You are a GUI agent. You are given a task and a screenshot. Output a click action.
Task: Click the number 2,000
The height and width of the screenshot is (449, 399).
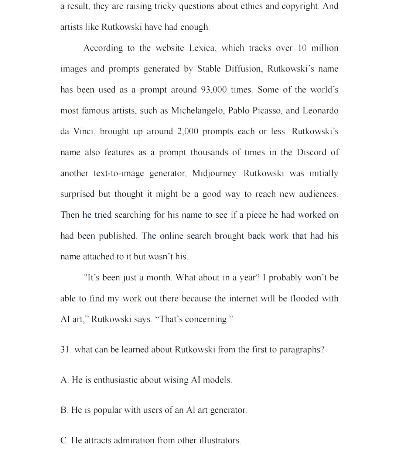[187, 131]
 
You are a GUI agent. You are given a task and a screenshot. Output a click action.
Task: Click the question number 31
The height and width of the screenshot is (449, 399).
[65, 350]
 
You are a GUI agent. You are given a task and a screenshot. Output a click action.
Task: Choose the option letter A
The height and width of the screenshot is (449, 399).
[64, 380]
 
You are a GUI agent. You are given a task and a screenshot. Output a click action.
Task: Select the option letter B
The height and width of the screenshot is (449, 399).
[64, 410]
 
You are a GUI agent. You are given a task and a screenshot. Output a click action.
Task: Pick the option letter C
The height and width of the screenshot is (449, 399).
[64, 441]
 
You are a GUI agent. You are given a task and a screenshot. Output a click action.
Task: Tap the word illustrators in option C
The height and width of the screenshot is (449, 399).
[220, 441]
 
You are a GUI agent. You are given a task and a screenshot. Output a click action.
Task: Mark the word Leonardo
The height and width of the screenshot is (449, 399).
[320, 111]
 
